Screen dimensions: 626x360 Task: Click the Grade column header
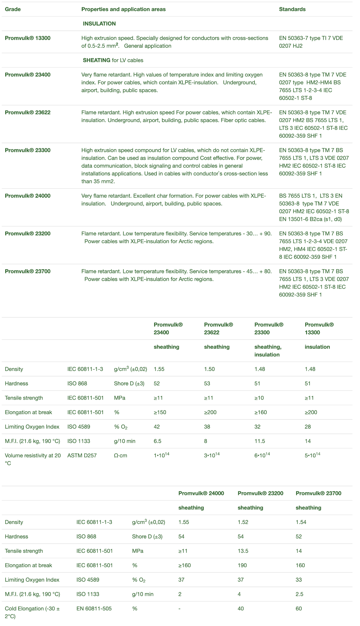tap(13, 9)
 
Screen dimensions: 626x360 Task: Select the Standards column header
tap(292, 9)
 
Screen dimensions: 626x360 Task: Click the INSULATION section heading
tap(99, 24)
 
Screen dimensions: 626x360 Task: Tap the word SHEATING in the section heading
tap(97, 60)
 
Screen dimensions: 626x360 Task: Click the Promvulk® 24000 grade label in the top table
tap(28, 196)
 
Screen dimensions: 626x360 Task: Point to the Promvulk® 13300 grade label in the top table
tap(28, 38)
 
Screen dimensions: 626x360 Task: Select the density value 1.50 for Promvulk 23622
tap(209, 369)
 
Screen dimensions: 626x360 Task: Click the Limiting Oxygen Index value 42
tap(157, 427)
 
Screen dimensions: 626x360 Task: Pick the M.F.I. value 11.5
tap(260, 441)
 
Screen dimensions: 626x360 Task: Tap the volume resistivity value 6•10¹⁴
tap(262, 455)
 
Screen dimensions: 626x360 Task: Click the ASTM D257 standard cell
tap(82, 456)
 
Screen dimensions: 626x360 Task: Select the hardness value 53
tap(207, 383)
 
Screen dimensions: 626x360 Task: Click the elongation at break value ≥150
tap(160, 412)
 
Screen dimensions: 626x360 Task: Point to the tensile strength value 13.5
tap(243, 551)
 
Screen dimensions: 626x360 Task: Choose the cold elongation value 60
tap(299, 609)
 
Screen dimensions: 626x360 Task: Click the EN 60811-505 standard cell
tap(94, 609)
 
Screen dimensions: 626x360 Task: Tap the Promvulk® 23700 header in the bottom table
tap(318, 493)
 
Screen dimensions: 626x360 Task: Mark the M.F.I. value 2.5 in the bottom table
tap(299, 594)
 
